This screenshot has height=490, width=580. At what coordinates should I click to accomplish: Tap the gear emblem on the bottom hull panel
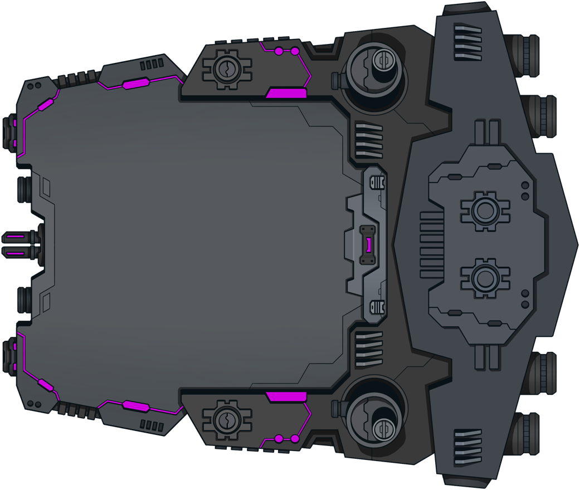[x=227, y=419]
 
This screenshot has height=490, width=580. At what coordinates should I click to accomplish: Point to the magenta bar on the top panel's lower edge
[x=286, y=92]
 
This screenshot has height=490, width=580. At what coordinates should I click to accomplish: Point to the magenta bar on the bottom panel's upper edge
[x=286, y=396]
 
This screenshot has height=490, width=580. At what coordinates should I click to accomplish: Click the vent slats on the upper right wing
[x=467, y=42]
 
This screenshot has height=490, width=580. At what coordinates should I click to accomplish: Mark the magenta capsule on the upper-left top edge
[x=135, y=84]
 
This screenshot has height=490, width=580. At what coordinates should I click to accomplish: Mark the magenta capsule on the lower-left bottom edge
[x=135, y=405]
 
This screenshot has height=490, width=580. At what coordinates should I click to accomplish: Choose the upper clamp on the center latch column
[x=377, y=183]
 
